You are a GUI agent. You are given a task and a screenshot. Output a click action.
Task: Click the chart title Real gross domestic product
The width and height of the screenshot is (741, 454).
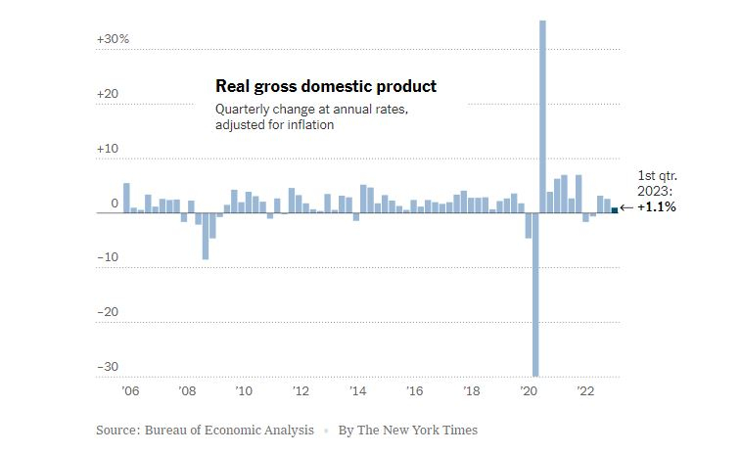tap(326, 87)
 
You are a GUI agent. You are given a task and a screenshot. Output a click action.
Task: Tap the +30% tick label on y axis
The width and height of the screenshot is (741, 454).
tap(113, 39)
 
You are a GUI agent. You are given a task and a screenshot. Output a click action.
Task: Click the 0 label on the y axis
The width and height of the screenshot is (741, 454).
tap(115, 204)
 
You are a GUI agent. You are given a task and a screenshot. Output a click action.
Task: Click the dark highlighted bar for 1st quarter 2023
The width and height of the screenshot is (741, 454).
tap(614, 209)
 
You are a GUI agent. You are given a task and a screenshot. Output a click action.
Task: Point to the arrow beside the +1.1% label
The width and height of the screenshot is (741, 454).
tap(626, 208)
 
